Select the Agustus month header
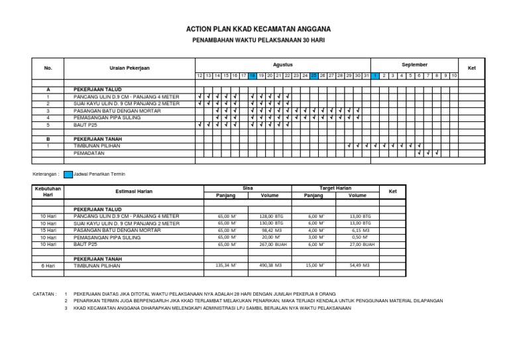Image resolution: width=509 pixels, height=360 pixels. coord(282,65)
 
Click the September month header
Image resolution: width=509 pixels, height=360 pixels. coord(414,65)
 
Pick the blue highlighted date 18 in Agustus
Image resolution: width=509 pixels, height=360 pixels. coord(252,76)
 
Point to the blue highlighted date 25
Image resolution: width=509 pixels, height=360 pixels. coord(314,76)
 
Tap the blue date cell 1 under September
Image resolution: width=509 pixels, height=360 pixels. coord(375,76)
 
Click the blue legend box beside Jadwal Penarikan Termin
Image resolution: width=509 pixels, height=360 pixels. coord(68,174)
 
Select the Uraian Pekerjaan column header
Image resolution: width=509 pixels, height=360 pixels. coord(129,68)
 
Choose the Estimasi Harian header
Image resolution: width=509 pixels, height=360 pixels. coord(135,191)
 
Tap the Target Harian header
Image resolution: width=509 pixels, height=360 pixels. coord(335,188)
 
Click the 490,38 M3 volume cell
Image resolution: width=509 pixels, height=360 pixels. coord(270,265)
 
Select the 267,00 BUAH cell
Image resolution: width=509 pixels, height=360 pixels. coord(270,244)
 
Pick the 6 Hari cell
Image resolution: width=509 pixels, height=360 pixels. coord(48,265)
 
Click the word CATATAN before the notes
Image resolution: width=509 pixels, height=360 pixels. coord(44,292)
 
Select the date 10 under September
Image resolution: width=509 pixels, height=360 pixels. coord(454,76)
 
